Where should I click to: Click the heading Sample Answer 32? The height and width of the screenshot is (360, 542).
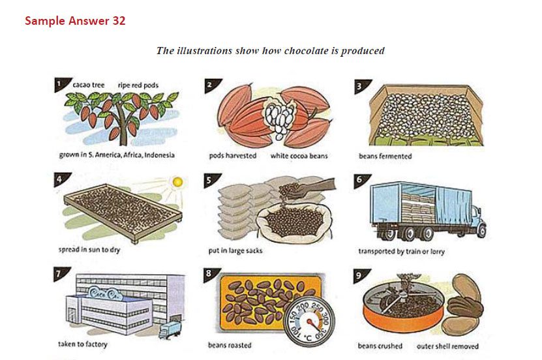click(75, 21)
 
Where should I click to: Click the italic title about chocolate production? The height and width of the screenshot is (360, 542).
click(270, 51)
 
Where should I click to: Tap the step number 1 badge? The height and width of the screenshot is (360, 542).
click(61, 84)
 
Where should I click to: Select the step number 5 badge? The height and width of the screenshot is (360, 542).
click(211, 179)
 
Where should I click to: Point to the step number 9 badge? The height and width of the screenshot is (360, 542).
click(360, 275)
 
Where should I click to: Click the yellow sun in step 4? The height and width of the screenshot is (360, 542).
click(177, 182)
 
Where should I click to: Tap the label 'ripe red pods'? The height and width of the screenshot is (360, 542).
click(138, 85)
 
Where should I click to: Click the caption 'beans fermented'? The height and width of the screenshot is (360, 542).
click(385, 156)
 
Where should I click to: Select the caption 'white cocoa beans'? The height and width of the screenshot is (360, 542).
click(299, 156)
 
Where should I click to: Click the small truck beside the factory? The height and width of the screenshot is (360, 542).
click(170, 330)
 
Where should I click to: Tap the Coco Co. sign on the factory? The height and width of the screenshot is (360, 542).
click(103, 293)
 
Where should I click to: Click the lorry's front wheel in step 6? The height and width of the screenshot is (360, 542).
click(481, 231)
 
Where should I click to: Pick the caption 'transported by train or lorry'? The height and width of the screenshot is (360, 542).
click(401, 252)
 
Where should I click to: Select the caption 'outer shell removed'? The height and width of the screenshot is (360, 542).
click(447, 346)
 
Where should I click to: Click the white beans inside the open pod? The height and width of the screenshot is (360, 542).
click(279, 117)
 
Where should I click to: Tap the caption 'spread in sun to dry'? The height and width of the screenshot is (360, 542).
click(89, 250)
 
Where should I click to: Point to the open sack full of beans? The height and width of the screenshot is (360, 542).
click(294, 221)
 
